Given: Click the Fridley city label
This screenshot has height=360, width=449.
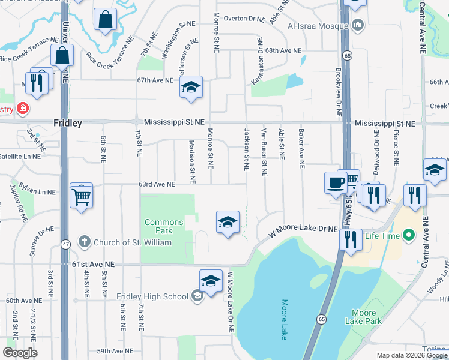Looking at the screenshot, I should [67, 122].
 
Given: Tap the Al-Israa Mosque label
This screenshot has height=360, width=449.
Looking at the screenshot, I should [318, 26].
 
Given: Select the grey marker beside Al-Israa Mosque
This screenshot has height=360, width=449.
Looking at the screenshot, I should [358, 25].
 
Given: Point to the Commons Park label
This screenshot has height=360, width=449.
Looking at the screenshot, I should [163, 227].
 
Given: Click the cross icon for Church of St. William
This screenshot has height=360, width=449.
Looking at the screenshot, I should [85, 242].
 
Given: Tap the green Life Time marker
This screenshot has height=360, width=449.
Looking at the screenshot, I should [410, 235].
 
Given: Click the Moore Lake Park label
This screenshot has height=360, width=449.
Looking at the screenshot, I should [364, 317].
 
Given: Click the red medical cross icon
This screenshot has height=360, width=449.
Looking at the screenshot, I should [22, 109].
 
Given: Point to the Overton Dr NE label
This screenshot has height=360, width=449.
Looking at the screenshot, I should [244, 19].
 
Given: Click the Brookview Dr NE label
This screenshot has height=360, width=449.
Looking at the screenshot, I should [339, 99].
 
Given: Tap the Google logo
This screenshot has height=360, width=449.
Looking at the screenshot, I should [20, 352].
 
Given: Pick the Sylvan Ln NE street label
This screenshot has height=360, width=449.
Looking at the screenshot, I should [37, 190].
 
